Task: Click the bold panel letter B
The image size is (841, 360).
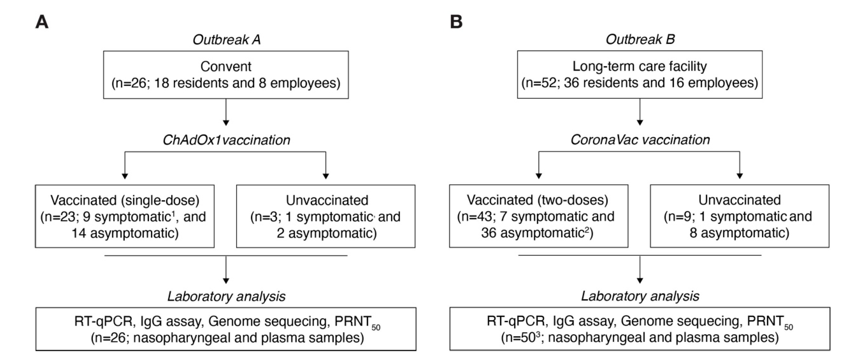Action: click(456, 22)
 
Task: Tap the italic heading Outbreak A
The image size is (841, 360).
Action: click(226, 40)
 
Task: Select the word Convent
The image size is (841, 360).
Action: click(226, 67)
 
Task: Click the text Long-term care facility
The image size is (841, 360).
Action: click(640, 66)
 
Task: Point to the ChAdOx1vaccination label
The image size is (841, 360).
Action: click(226, 140)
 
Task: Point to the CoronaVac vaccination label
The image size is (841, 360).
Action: click(640, 140)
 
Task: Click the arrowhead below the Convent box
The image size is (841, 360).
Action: click(226, 123)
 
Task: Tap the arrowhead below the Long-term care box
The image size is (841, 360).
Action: click(640, 122)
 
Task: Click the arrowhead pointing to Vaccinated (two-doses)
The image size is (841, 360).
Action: click(539, 176)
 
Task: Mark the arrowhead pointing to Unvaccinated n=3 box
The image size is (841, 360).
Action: click(326, 176)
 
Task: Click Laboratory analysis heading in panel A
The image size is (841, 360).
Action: click(226, 297)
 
